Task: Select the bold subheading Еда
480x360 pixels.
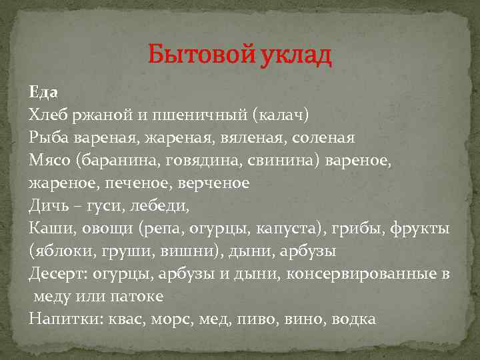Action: [44, 93]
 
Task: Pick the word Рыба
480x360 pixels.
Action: [49, 138]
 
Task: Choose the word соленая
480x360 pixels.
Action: [321, 138]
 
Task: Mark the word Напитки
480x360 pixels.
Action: [61, 319]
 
